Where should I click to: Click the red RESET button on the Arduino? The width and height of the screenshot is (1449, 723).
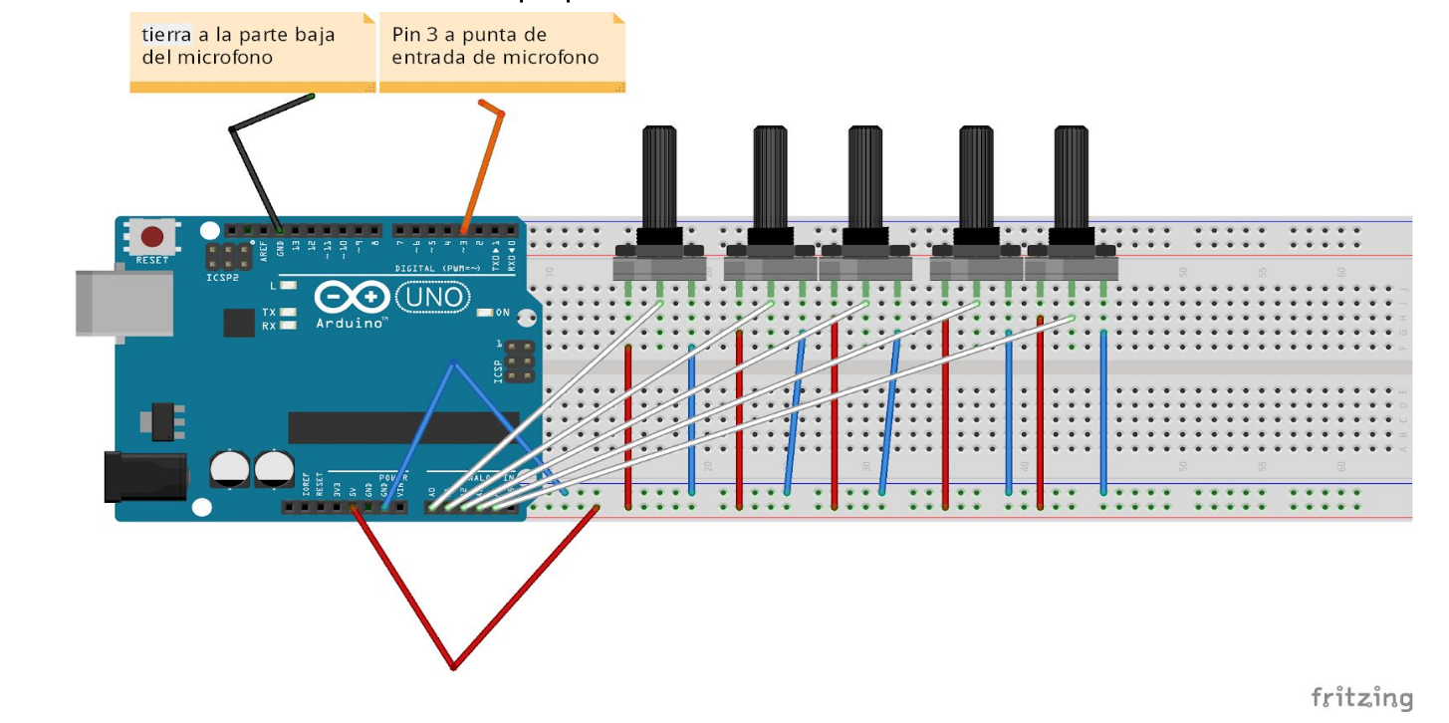(152, 237)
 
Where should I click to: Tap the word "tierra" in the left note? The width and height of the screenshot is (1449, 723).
(166, 35)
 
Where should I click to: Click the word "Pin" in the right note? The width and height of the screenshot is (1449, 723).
(406, 35)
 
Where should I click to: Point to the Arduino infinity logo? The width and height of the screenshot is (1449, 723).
(353, 298)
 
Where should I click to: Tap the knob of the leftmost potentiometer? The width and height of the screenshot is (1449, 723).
(659, 179)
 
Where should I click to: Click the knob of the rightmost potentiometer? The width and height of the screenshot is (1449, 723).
(1071, 179)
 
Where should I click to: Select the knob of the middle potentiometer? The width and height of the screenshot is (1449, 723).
(864, 179)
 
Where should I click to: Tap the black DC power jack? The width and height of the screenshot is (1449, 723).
(145, 476)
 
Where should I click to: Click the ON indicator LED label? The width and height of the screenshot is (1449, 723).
(502, 313)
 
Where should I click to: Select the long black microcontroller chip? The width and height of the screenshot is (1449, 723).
(403, 427)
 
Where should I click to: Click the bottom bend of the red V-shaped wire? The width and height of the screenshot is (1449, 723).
(453, 666)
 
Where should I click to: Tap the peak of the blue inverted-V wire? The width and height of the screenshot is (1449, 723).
(453, 362)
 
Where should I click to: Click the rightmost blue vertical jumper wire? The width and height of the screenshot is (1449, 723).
(1103, 413)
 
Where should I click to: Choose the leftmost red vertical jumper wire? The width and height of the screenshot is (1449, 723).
(628, 428)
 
